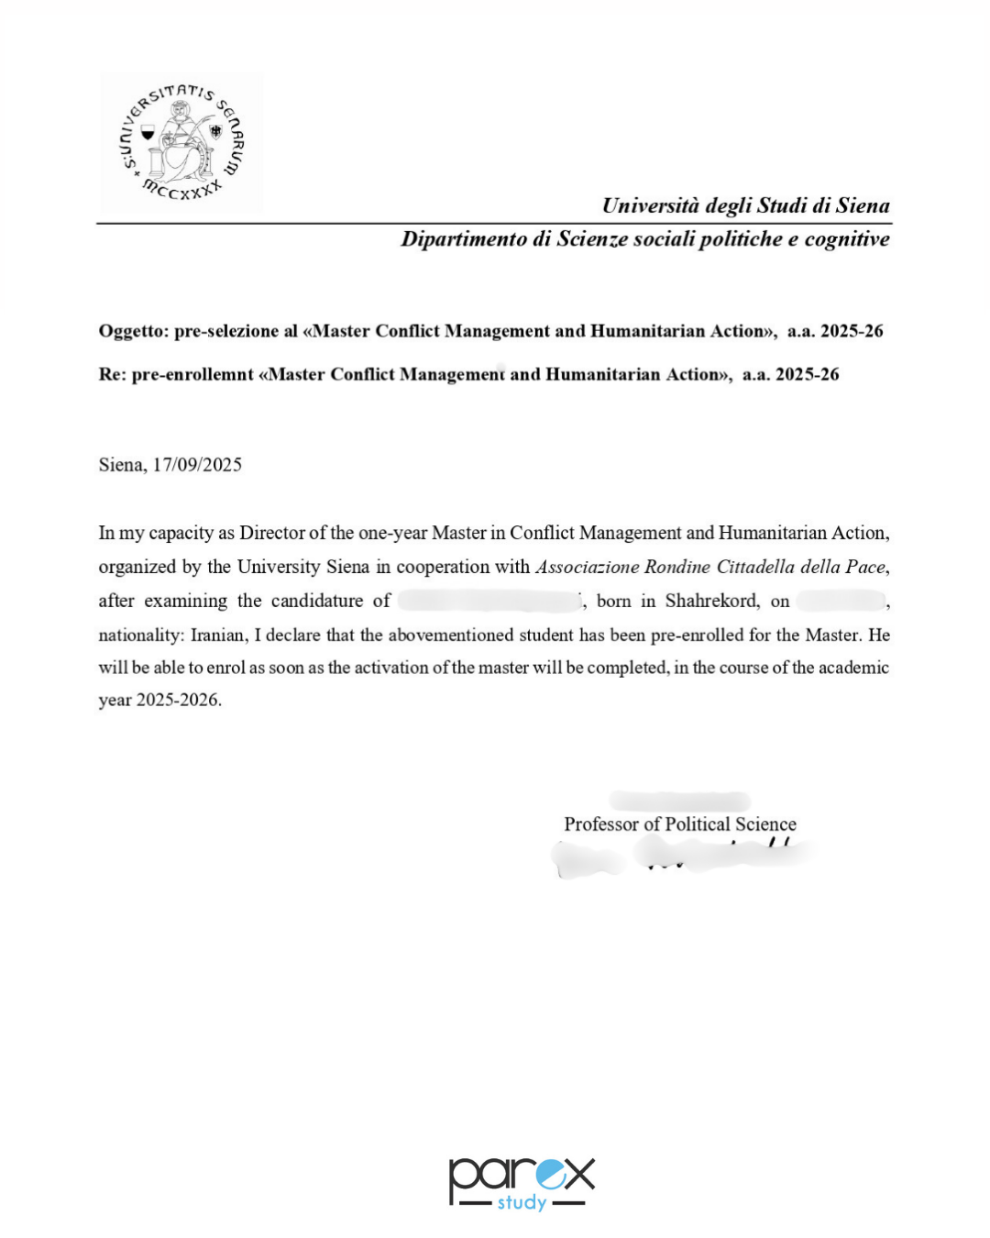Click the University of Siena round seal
[x=181, y=143]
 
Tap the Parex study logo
[x=521, y=1183]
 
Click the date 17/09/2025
[x=197, y=465]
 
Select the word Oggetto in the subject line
[x=132, y=331]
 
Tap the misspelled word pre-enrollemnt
[x=192, y=374]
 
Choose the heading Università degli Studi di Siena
[x=745, y=205]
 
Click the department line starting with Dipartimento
[x=644, y=239]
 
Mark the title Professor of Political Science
[x=679, y=824]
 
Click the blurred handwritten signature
[x=683, y=857]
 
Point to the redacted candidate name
[x=489, y=602]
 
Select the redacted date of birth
[x=840, y=602]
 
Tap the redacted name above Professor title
[x=679, y=801]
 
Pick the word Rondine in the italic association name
[x=677, y=567]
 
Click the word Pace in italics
[x=864, y=567]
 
